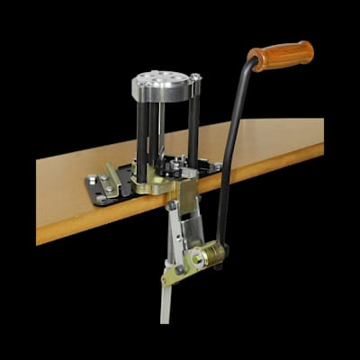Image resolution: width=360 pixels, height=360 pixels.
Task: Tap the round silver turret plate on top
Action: tap(162, 86)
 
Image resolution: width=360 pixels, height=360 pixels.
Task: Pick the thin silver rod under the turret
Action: tap(162, 126)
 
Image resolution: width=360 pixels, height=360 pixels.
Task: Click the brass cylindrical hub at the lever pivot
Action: tap(210, 256)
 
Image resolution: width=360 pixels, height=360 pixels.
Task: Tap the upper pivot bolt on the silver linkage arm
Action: tap(172, 206)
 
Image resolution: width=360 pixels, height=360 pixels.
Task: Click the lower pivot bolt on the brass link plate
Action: tap(180, 269)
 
